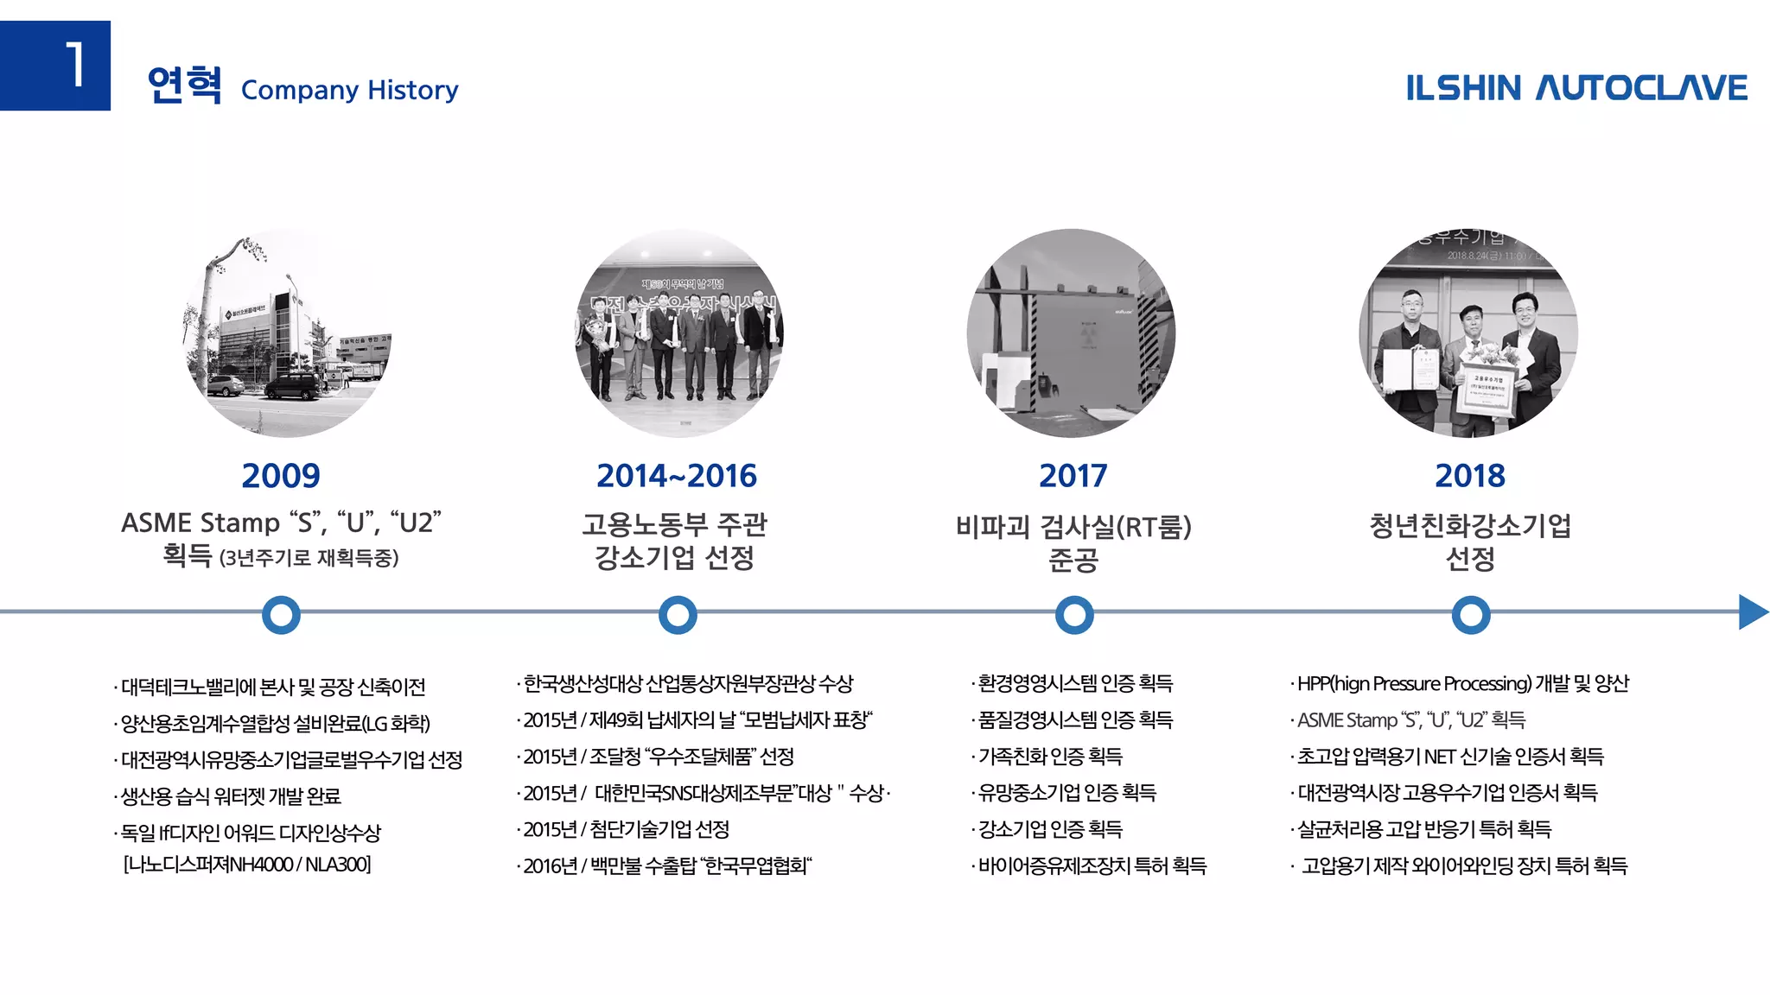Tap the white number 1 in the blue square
(x=76, y=66)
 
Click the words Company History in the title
(x=349, y=90)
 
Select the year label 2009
(x=281, y=476)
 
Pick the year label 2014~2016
(x=677, y=476)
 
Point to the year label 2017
(x=1073, y=476)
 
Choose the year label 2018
(x=1469, y=476)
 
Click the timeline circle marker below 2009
(x=281, y=615)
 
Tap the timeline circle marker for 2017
(x=1074, y=615)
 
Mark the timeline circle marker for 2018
(x=1470, y=615)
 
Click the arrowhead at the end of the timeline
(x=1752, y=612)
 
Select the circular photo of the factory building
(x=287, y=333)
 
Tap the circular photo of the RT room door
(x=1071, y=333)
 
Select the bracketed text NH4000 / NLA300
(x=247, y=865)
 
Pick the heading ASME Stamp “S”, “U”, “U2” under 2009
(x=281, y=523)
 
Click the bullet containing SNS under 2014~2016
(x=704, y=793)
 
